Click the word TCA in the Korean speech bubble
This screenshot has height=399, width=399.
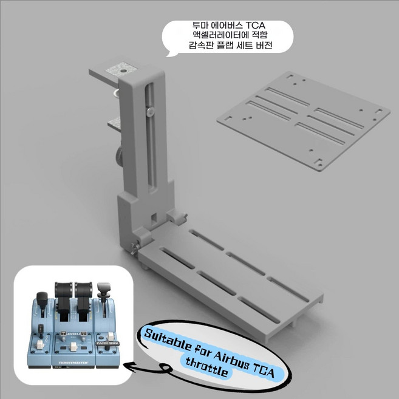tap(256, 26)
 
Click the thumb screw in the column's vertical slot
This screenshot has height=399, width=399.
tap(150, 111)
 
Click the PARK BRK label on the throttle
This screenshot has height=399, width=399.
tap(108, 343)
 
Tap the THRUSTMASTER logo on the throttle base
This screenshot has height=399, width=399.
tap(73, 363)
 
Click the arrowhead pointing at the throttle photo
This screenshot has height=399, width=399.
tap(129, 366)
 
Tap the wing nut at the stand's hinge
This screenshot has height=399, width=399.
tap(134, 248)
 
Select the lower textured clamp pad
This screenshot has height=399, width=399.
tap(114, 124)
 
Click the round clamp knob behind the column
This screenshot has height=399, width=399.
tap(120, 155)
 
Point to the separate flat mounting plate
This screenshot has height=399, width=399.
tap(304, 120)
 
